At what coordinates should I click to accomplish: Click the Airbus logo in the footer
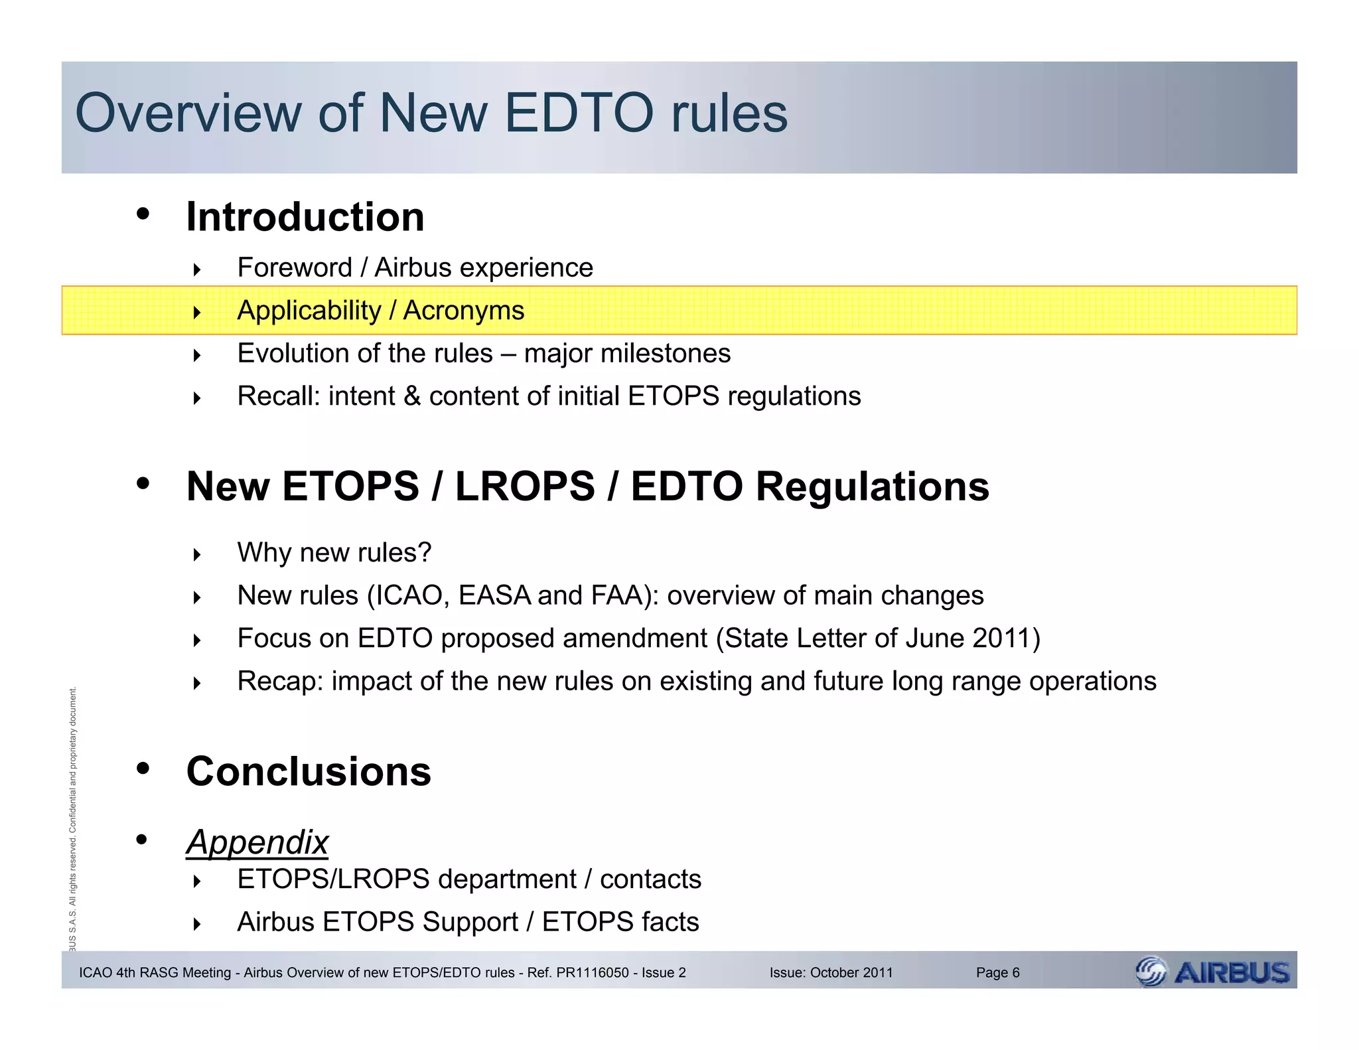coord(1213,972)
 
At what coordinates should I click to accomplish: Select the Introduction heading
coord(305,217)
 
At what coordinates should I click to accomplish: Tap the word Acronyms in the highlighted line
coord(464,311)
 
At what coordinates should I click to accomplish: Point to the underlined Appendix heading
coord(257,842)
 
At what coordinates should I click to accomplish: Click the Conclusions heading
coord(309,771)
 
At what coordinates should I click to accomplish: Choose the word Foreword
coord(295,268)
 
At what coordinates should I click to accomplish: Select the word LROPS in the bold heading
coord(525,487)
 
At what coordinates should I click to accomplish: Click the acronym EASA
coord(494,595)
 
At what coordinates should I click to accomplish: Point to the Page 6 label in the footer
coord(997,973)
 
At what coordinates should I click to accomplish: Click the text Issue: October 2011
coord(831,973)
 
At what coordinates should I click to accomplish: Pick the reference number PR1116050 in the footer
coord(593,973)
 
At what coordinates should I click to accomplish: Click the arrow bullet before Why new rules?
coord(197,554)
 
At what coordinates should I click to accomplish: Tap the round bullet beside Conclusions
coord(142,769)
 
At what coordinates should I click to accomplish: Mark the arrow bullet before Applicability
coord(197,312)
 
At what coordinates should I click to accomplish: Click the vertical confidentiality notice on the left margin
coord(73,816)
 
